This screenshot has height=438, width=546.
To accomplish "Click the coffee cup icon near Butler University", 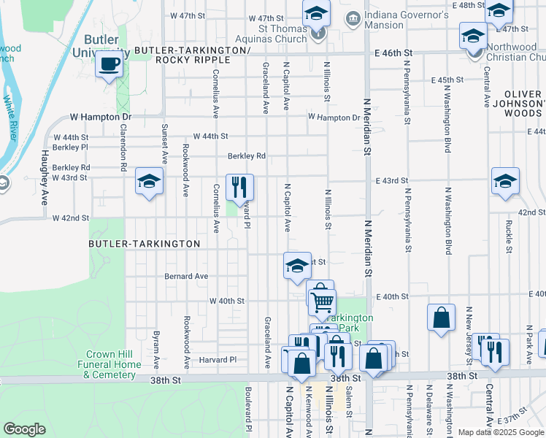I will pos(109,65).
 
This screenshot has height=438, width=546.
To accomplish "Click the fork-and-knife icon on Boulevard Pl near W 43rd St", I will pos(239,188).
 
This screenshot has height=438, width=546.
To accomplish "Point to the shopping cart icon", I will pos(322,300).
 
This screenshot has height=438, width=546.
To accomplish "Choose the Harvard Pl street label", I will pos(219,360).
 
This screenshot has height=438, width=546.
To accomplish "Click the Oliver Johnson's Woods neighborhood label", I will pos(523,104).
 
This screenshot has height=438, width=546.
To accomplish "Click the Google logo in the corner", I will pos(24,429).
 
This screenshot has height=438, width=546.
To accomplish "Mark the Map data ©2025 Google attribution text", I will pos(501,432).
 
